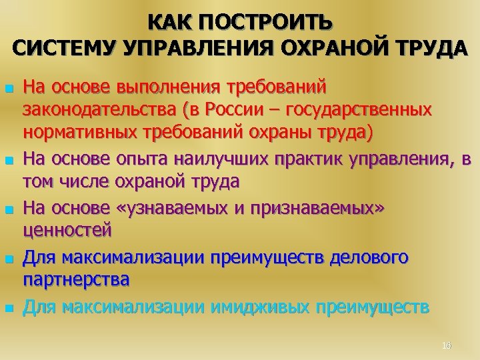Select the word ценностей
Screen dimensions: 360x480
(x=69, y=231)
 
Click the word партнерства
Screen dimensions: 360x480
(x=76, y=281)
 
